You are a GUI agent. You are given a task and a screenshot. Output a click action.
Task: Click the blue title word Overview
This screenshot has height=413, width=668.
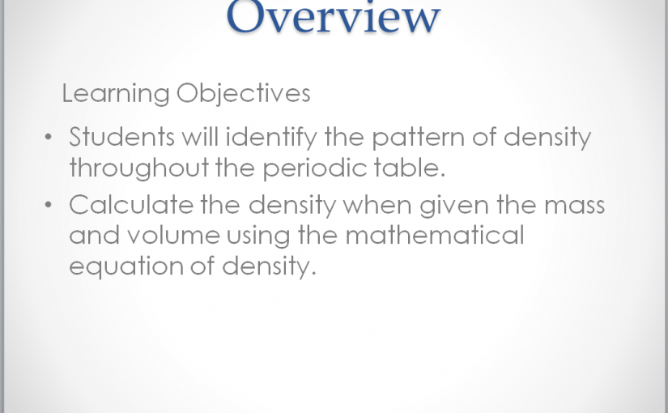(x=333, y=16)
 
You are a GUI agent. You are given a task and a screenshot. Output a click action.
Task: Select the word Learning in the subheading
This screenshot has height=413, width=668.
(x=116, y=93)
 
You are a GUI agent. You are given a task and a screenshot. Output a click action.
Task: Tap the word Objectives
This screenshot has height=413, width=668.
(x=243, y=93)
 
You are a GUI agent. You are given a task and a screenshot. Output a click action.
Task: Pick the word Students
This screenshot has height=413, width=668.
(x=121, y=137)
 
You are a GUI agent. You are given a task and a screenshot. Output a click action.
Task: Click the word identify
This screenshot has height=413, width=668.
(x=271, y=138)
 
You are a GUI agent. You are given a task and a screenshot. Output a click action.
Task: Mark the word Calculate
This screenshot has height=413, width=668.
(x=131, y=205)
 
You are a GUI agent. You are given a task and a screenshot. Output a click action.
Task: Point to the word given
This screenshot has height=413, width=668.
(x=454, y=206)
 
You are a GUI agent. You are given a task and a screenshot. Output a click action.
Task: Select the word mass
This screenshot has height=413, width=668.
(x=575, y=206)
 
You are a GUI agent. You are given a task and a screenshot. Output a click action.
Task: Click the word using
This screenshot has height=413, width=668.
(x=258, y=236)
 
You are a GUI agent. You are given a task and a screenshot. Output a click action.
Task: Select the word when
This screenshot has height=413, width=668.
(x=377, y=205)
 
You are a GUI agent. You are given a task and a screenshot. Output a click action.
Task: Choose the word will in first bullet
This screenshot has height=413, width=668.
(x=200, y=136)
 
